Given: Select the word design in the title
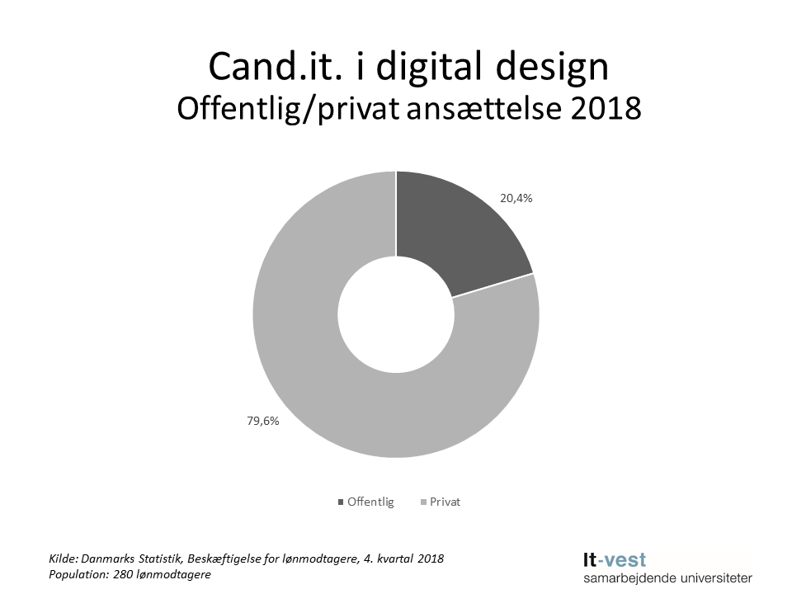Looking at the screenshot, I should tap(555, 66).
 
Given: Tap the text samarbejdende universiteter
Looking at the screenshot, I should tap(667, 578).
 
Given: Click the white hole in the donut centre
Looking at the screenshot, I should tap(396, 314).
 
